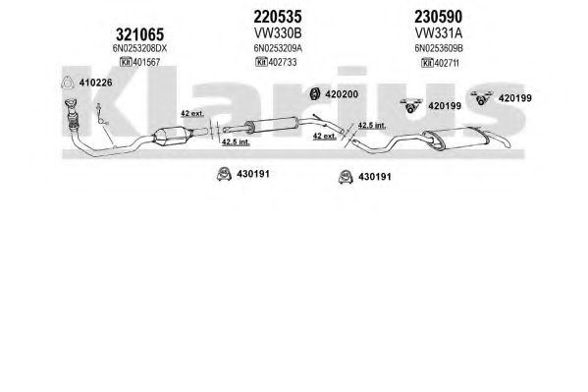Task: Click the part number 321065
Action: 139,35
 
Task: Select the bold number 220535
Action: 278,17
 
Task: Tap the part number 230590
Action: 438,17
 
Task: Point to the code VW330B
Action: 278,33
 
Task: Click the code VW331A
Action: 439,33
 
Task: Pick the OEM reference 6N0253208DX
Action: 139,49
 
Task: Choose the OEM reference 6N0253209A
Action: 278,48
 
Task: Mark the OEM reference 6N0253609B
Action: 439,48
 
